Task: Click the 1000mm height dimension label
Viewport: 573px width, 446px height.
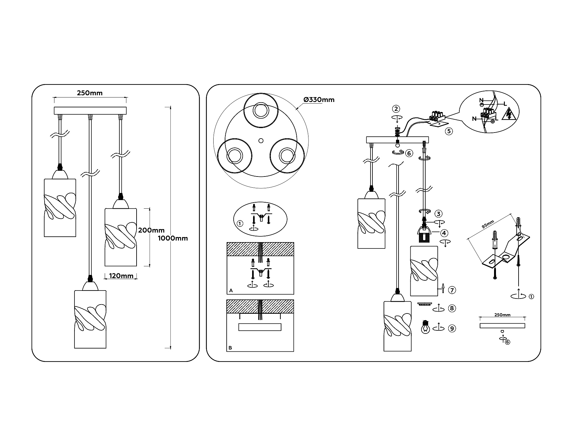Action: (173, 238)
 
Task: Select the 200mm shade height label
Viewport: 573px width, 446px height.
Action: (152, 230)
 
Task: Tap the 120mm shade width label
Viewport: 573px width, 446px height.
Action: (121, 276)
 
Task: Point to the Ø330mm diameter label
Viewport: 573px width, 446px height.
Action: (319, 100)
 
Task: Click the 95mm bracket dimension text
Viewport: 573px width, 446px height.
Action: (488, 224)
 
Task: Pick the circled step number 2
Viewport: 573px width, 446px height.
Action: (396, 109)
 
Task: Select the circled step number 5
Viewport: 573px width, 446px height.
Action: (449, 131)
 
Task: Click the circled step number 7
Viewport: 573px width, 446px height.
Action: (452, 290)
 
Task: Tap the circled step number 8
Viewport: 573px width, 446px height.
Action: (452, 308)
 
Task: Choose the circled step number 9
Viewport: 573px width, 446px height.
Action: (452, 328)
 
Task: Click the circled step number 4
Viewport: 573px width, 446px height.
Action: (444, 233)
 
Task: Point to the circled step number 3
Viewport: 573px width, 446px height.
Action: (439, 214)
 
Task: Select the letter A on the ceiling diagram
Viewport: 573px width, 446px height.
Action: (231, 291)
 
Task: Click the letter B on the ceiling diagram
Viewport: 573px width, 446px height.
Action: (230, 348)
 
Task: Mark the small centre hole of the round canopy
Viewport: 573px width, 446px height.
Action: (261, 140)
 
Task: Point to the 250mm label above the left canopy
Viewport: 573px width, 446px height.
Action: (90, 93)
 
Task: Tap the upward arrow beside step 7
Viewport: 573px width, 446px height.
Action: (442, 288)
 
